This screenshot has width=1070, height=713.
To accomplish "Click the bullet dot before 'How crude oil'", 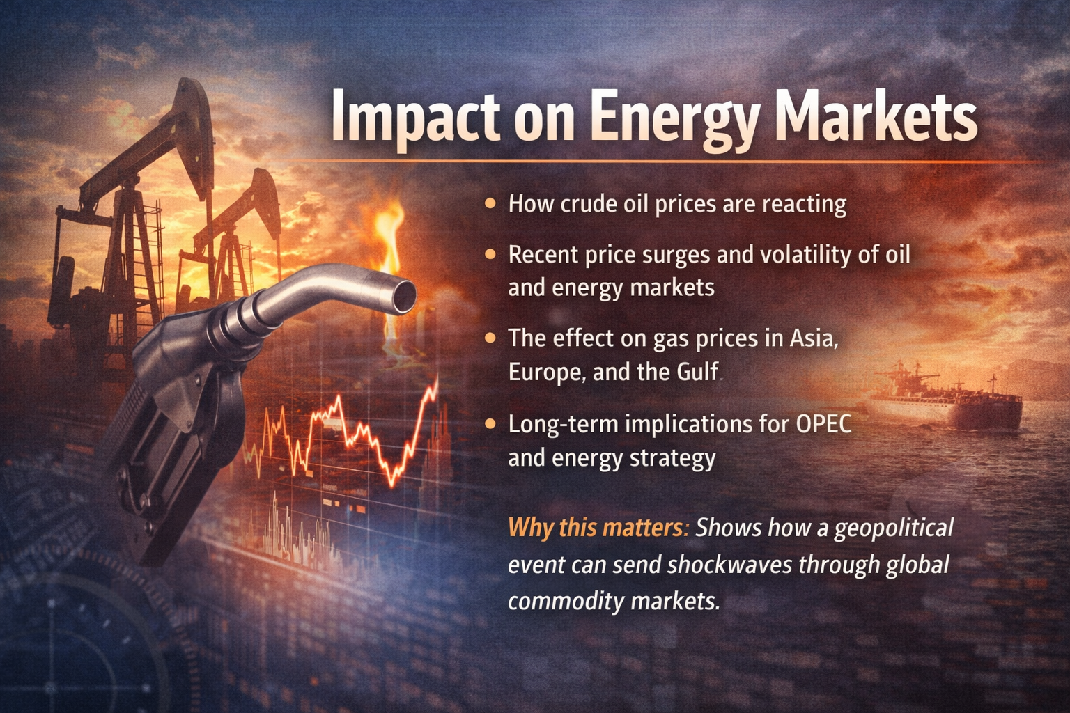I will (490, 203).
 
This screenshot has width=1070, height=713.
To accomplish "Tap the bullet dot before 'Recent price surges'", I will (490, 255).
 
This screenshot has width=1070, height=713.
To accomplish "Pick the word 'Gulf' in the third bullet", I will (697, 373).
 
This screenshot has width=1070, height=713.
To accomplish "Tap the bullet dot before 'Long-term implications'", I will (490, 423).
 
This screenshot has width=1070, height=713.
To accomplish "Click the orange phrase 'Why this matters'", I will (598, 528).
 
